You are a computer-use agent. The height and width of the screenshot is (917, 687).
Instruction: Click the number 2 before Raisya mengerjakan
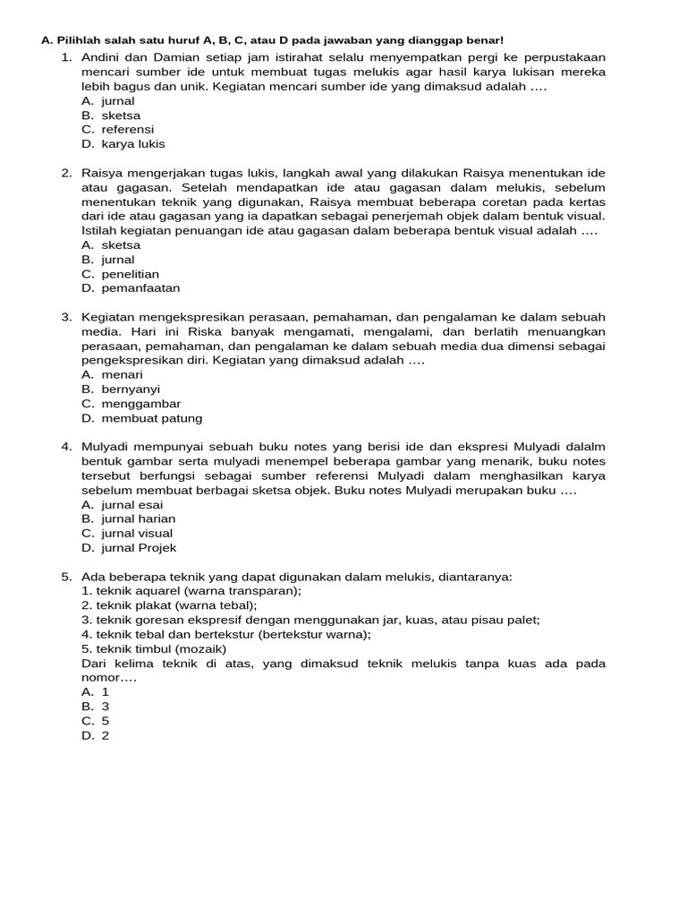tap(66, 173)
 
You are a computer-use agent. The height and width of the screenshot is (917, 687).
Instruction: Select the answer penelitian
tap(130, 274)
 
